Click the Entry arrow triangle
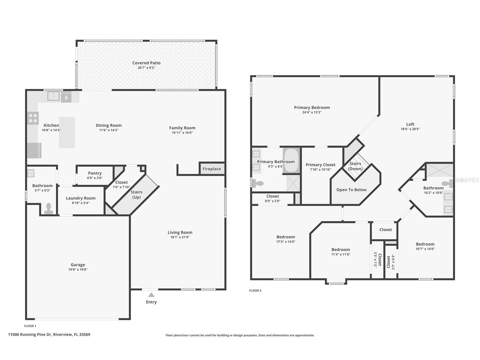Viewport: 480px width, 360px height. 151,295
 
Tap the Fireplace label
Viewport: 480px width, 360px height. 212,169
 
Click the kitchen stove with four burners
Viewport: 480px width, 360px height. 33,118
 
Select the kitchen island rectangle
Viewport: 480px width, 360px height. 67,132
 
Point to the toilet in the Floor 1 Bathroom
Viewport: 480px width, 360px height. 49,209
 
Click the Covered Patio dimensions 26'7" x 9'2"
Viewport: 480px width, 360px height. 146,68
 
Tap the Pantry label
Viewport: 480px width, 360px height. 95,173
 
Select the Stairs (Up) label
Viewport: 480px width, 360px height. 136,194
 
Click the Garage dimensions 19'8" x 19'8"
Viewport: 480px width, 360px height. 78,270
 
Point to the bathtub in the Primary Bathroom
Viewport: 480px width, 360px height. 291,160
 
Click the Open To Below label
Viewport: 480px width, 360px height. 351,190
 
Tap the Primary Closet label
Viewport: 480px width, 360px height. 320,165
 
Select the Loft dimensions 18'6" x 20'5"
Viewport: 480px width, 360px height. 410,129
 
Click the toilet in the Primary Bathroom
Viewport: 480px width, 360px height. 257,183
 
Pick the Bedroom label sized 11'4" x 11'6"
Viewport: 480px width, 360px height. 341,250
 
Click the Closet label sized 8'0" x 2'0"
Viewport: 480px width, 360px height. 273,196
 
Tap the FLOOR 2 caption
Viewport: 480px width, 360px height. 255,291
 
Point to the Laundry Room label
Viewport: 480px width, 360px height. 81,198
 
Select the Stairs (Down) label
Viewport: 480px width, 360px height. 355,166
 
